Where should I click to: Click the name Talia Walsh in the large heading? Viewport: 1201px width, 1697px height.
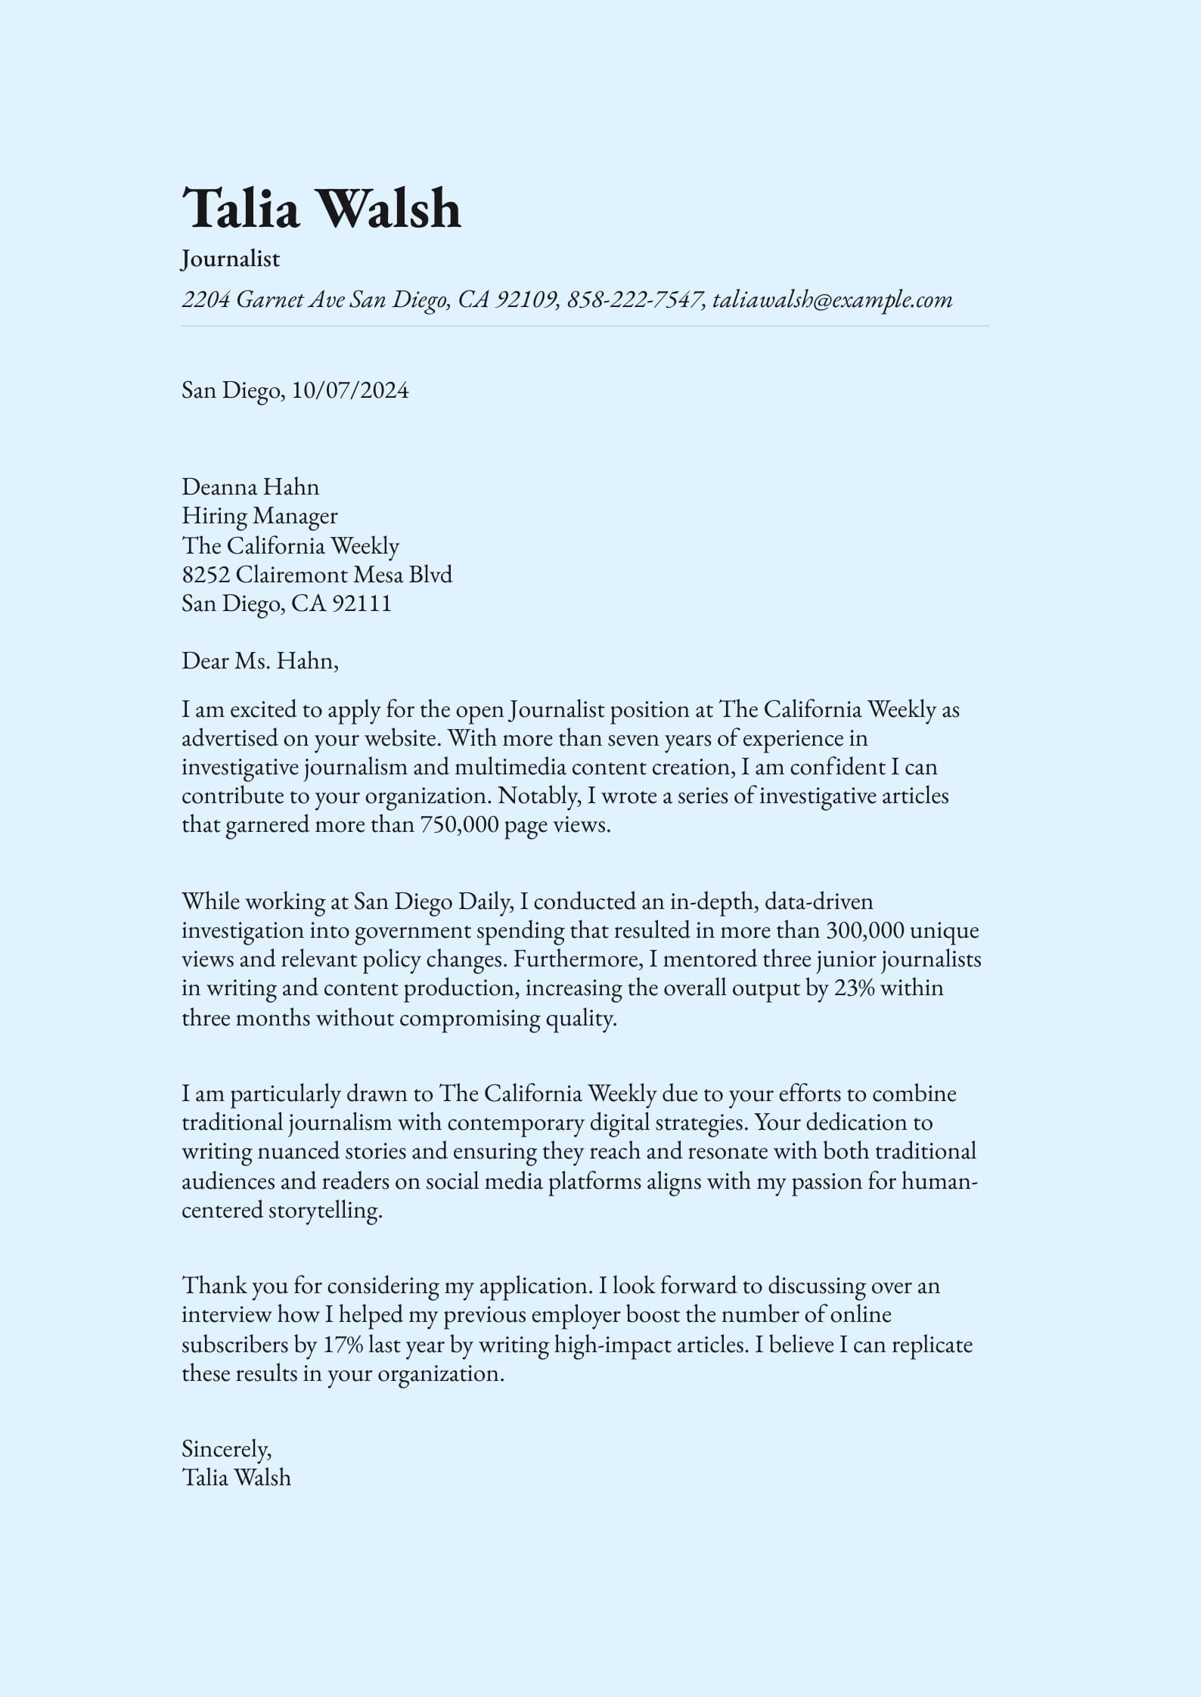click(321, 208)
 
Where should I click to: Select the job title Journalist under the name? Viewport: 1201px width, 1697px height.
click(231, 259)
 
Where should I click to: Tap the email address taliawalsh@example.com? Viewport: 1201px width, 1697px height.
click(832, 299)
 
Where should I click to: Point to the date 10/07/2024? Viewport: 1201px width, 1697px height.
click(350, 390)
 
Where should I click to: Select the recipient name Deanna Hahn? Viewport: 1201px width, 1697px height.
click(250, 486)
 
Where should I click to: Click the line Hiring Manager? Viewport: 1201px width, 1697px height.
click(259, 516)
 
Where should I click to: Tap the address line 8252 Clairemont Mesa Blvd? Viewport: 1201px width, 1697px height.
click(317, 575)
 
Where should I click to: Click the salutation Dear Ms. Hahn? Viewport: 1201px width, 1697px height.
click(260, 661)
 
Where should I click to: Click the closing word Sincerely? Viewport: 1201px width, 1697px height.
click(226, 1448)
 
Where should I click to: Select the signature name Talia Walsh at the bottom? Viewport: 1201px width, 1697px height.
click(236, 1477)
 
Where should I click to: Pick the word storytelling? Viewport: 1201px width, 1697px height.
click(325, 1210)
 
